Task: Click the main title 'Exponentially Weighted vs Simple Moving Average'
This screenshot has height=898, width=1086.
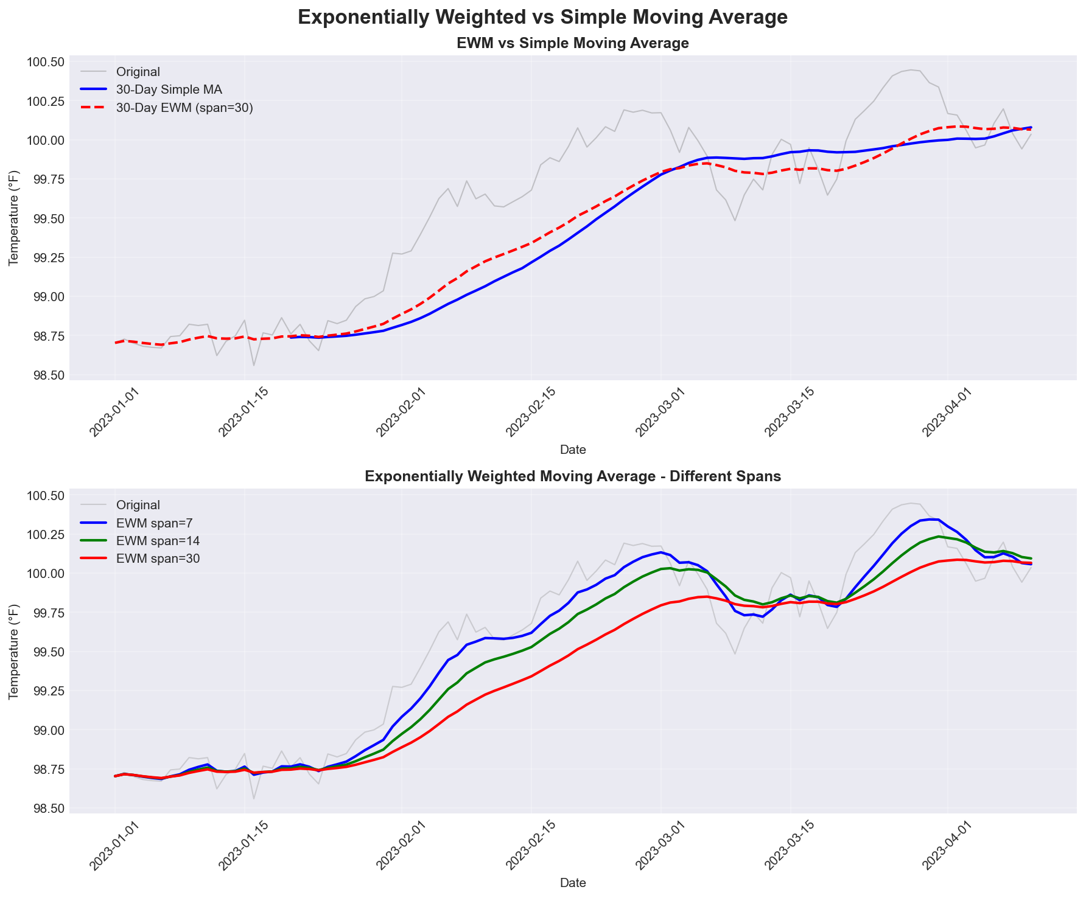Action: coord(542,18)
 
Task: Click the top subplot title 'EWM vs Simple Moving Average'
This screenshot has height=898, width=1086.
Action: coord(572,43)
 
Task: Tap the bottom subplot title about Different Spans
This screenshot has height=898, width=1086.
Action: coord(572,477)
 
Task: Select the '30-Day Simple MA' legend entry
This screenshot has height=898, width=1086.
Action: coord(169,89)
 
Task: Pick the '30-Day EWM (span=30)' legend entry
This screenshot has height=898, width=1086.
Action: coord(184,108)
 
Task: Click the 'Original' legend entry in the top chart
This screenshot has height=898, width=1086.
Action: coord(138,72)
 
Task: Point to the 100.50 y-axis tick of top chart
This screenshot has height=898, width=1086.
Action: coord(44,62)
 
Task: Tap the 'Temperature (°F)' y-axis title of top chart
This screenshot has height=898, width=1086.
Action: coord(13,218)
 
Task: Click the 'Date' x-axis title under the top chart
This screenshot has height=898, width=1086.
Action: coord(572,450)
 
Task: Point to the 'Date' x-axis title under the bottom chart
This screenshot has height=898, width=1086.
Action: coord(572,883)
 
